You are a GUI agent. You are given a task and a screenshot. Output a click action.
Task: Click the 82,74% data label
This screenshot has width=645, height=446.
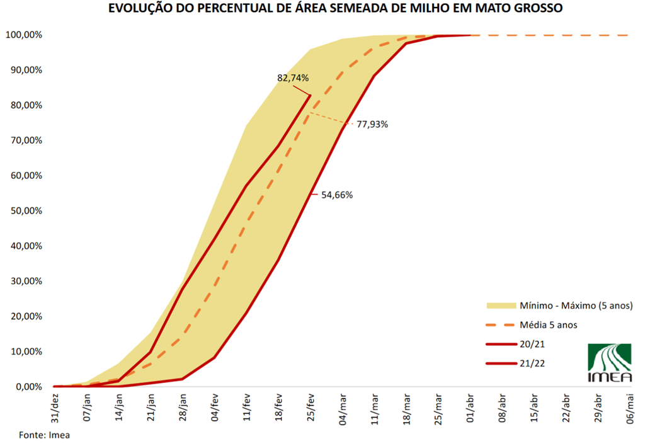click(293, 78)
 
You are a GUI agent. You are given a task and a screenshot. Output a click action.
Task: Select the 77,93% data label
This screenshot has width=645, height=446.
click(372, 124)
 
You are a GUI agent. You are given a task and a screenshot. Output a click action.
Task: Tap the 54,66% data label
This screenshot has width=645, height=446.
click(337, 195)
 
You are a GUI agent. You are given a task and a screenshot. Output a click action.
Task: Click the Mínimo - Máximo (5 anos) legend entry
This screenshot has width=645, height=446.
click(571, 306)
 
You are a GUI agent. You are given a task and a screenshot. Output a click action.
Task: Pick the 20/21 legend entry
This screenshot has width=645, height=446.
click(532, 345)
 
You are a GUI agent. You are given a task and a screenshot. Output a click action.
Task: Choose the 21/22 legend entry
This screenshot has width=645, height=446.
click(532, 363)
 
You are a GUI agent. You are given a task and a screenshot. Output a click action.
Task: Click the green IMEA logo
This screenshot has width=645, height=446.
click(608, 363)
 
